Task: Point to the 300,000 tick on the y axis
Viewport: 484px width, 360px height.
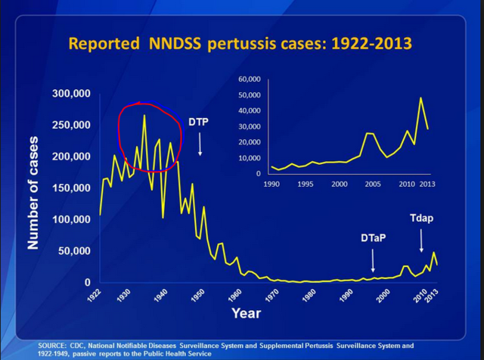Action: [x=70, y=94]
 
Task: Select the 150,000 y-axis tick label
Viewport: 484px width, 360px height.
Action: [x=70, y=188]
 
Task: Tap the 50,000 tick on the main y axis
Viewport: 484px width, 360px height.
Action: [x=74, y=251]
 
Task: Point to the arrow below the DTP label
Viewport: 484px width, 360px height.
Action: [x=200, y=144]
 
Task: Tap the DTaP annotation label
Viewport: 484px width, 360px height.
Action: [x=373, y=238]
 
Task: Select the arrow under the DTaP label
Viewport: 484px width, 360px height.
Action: [x=373, y=260]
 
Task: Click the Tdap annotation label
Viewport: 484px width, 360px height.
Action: [x=422, y=218]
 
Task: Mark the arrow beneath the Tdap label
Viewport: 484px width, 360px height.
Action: [x=421, y=241]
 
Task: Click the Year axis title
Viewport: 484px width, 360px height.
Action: [x=246, y=312]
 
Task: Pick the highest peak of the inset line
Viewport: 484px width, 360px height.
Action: [x=421, y=98]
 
